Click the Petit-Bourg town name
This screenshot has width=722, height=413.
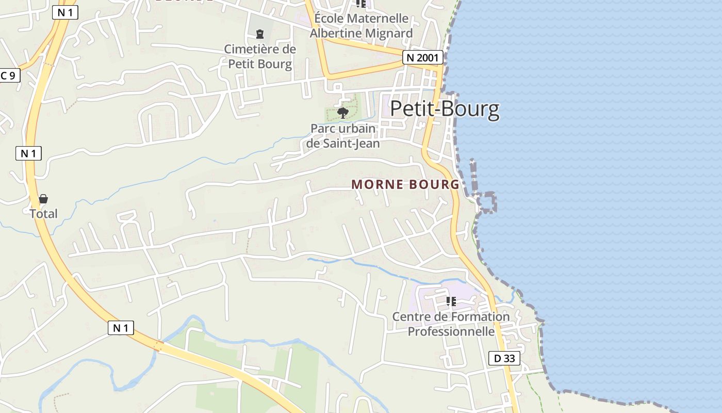(x=445, y=109)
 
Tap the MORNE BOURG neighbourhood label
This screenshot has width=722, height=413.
(x=405, y=184)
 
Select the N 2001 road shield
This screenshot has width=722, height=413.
(x=422, y=57)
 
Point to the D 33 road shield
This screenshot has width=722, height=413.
(x=504, y=358)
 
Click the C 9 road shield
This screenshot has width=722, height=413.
(x=9, y=75)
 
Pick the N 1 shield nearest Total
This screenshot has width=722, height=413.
(x=28, y=153)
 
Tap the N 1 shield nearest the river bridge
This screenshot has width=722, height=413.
(x=121, y=327)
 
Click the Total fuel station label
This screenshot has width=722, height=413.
(x=43, y=214)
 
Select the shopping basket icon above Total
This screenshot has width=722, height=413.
(x=43, y=199)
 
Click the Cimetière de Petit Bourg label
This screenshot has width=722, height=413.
(x=260, y=57)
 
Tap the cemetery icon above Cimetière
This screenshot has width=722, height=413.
(x=260, y=34)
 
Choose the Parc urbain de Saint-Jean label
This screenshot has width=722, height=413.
(x=343, y=136)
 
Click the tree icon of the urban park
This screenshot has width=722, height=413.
(x=342, y=113)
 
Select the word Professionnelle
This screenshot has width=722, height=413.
(x=451, y=331)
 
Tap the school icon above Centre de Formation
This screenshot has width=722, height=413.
(x=451, y=301)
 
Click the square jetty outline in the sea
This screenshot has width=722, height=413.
(x=487, y=202)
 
